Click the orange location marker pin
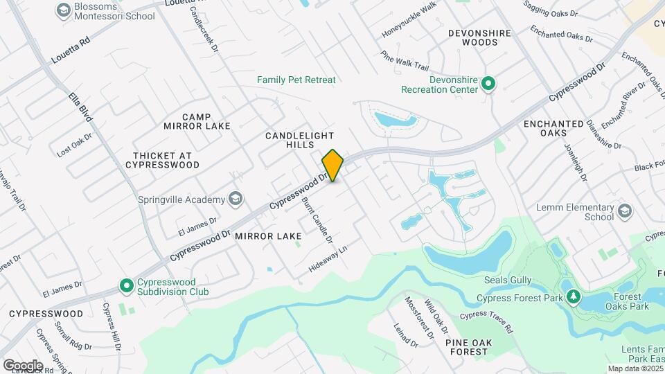(332, 166)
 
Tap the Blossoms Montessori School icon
(64, 10)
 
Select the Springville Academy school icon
(236, 199)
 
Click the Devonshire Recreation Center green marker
(488, 84)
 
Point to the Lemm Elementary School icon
(625, 211)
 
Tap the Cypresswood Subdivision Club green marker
(127, 285)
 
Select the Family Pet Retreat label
(296, 80)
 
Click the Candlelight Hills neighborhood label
(300, 140)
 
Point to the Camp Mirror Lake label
(197, 121)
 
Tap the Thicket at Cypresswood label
(162, 160)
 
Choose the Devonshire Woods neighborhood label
(479, 37)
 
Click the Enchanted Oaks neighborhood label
(553, 129)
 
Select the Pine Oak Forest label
(467, 347)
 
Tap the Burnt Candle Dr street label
(317, 220)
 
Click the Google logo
(22, 365)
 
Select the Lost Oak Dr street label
(74, 145)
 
